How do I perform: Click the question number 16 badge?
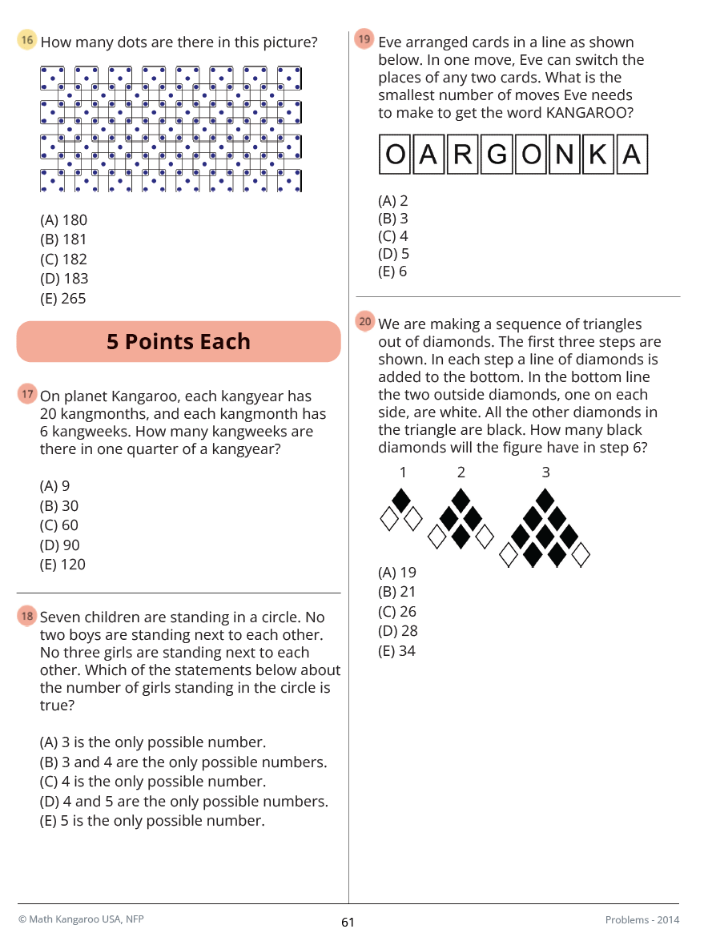coord(27,41)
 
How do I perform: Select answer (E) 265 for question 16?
coord(63,299)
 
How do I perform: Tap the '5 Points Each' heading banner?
coord(179,342)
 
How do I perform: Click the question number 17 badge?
coord(27,394)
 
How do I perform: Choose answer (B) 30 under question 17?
coord(59,506)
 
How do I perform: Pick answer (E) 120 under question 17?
coord(62,565)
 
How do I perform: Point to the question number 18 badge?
coord(27,616)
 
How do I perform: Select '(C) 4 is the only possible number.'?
coord(153,782)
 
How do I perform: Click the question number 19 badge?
coord(364,39)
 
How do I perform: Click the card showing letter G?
coord(497,154)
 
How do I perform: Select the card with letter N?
coord(564,154)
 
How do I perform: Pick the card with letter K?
coord(597,154)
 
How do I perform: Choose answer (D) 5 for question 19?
coord(393,252)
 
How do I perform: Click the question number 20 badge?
coord(364,322)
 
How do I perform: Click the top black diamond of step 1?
coord(402,501)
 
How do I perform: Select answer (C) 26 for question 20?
coord(397,612)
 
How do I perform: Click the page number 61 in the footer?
coord(348,923)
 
